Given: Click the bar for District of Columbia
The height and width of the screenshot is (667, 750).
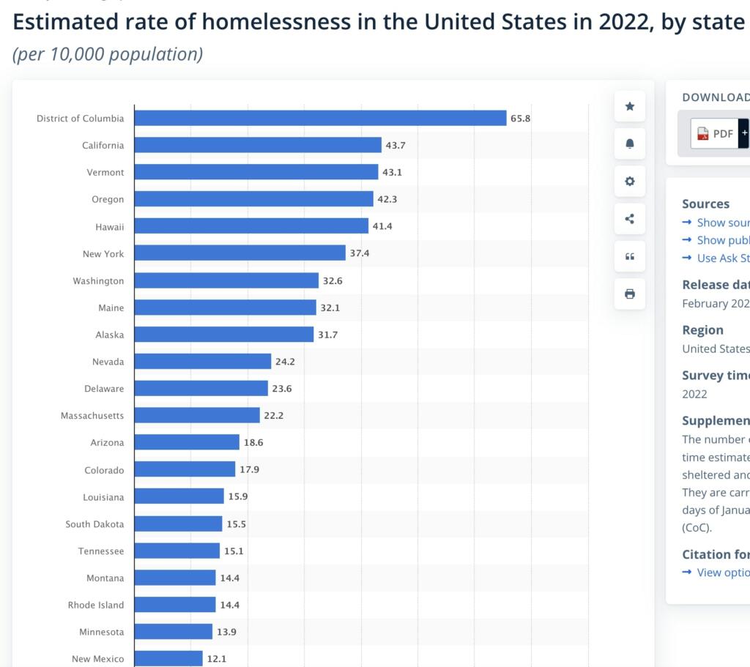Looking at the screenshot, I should pyautogui.click(x=320, y=118).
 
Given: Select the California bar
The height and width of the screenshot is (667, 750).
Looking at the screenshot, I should pyautogui.click(x=258, y=145).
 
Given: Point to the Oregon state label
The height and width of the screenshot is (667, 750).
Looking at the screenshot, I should pyautogui.click(x=108, y=199).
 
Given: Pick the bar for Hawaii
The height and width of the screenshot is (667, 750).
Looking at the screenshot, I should pyautogui.click(x=251, y=226).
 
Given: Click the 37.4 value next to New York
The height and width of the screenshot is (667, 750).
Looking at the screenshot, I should pyautogui.click(x=360, y=253).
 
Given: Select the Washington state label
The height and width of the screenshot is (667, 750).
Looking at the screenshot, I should pyautogui.click(x=98, y=280).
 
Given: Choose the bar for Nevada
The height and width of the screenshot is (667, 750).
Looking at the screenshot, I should pyautogui.click(x=203, y=361).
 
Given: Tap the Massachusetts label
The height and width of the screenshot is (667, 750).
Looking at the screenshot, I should pyautogui.click(x=92, y=415).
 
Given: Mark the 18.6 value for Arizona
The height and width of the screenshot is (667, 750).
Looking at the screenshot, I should pyautogui.click(x=253, y=442).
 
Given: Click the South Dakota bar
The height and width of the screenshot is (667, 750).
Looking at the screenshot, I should pyautogui.click(x=178, y=523).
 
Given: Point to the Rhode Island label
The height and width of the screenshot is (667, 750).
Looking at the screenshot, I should pyautogui.click(x=96, y=605).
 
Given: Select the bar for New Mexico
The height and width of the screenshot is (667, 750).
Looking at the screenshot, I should pyautogui.click(x=168, y=658).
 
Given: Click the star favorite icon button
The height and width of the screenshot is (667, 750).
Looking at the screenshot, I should pyautogui.click(x=629, y=107).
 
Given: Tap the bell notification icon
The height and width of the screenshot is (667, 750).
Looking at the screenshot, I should pyautogui.click(x=629, y=144).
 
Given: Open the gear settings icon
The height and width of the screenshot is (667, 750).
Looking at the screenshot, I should pyautogui.click(x=629, y=181).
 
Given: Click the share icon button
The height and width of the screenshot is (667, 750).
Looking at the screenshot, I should pyautogui.click(x=629, y=219).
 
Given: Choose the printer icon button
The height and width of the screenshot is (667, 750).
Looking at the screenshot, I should pyautogui.click(x=629, y=294).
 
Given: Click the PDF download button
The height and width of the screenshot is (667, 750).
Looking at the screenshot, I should pyautogui.click(x=715, y=133).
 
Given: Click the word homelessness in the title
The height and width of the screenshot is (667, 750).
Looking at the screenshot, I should pyautogui.click(x=276, y=21).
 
